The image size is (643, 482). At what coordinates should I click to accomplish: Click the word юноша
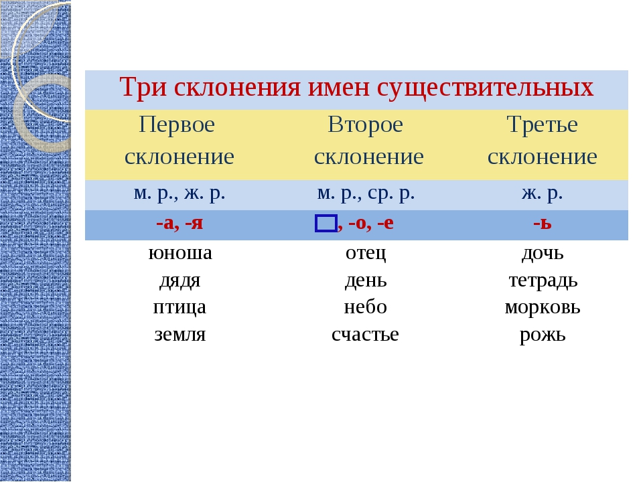(x=180, y=253)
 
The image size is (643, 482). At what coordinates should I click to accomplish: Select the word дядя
(x=180, y=281)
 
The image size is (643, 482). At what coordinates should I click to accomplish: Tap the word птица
(x=180, y=307)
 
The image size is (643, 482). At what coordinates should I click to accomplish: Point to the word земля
(x=180, y=335)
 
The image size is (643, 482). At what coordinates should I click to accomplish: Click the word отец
(x=366, y=253)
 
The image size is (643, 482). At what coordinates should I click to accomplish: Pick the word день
(x=366, y=280)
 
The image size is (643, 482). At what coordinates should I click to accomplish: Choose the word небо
(x=366, y=307)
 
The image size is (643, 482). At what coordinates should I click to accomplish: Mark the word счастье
(x=366, y=335)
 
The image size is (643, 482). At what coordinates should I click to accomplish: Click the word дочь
(x=543, y=253)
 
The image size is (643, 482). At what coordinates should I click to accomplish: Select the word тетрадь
(x=543, y=280)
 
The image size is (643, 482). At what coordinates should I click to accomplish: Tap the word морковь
(x=543, y=307)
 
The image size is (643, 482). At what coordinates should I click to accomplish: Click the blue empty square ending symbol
(x=326, y=224)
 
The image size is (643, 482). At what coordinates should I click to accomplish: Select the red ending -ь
(x=543, y=224)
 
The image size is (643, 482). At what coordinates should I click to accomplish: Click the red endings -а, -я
(x=180, y=224)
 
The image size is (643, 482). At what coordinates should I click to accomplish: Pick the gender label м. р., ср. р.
(x=366, y=193)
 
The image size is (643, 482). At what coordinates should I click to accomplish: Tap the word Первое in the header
(x=177, y=125)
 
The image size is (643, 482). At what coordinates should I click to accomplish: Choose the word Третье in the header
(x=542, y=125)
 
